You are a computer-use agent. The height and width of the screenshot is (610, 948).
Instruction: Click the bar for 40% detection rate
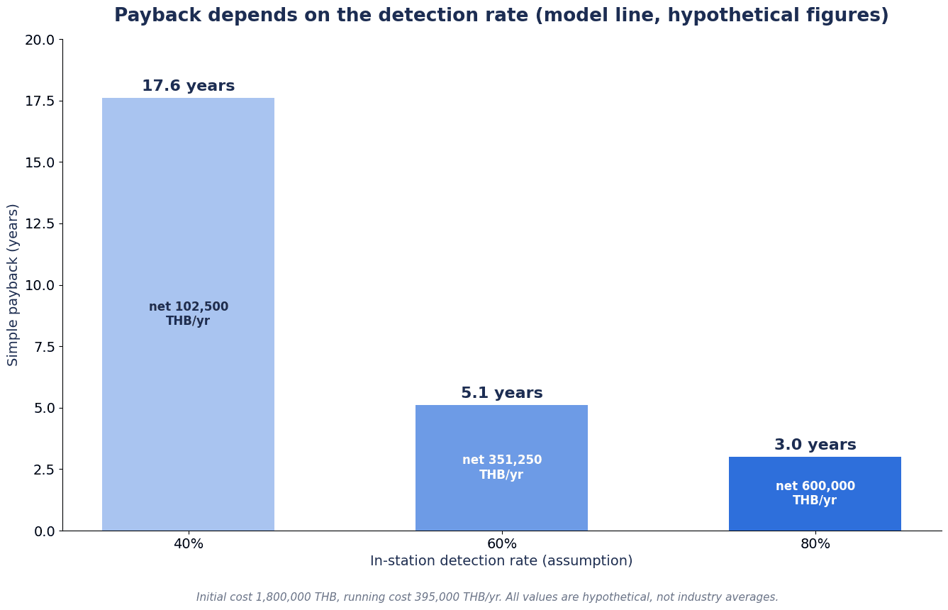(x=188, y=314)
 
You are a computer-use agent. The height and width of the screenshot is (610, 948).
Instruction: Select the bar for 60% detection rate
(x=501, y=467)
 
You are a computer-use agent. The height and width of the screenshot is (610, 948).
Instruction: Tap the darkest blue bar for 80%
(x=815, y=494)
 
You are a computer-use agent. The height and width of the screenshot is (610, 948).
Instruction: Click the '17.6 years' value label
(x=188, y=86)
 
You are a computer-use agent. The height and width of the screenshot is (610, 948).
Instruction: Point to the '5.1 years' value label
(x=501, y=393)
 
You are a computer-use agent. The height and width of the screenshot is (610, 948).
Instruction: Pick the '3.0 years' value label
(x=815, y=445)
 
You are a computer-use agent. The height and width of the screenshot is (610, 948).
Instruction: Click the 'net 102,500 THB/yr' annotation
(x=189, y=314)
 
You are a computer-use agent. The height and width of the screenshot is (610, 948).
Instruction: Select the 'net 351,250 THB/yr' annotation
(x=501, y=467)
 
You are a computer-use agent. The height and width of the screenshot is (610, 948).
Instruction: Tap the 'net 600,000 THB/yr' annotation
(x=815, y=493)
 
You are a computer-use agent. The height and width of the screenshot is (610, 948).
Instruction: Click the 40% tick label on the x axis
(x=189, y=544)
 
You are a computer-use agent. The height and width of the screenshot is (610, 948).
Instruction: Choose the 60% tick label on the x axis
(x=502, y=544)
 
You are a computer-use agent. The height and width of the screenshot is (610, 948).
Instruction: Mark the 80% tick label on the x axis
(x=815, y=544)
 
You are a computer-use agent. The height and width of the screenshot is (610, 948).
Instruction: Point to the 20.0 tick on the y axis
(x=40, y=40)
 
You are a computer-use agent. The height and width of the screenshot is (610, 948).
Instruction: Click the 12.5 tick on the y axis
(x=40, y=224)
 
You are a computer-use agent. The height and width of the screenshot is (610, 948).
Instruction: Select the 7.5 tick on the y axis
(x=45, y=347)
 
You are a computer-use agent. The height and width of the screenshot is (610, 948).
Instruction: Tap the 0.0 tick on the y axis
(x=45, y=531)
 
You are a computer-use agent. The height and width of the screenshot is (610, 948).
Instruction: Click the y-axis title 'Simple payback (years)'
(x=12, y=285)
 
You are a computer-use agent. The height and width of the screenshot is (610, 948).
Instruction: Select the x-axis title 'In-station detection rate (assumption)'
(x=501, y=561)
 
